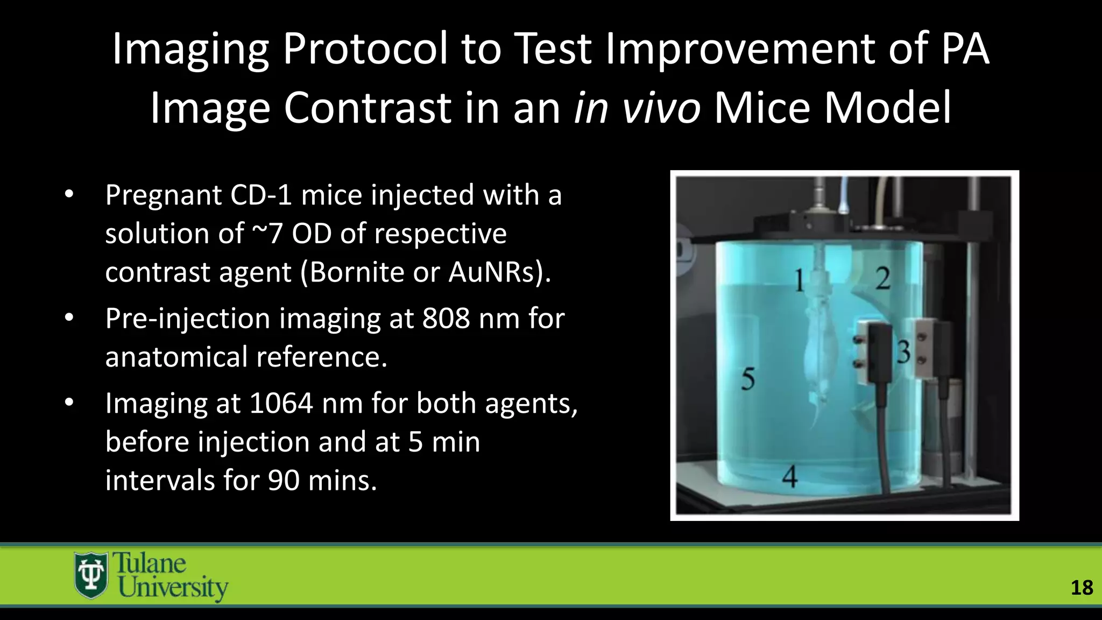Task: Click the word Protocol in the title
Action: pos(365,50)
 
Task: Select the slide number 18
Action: pos(1082,588)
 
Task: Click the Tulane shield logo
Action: pos(90,575)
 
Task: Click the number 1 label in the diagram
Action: pos(799,280)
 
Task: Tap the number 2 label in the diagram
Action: pos(883,278)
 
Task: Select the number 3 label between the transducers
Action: pos(903,353)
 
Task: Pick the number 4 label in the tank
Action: pos(789,476)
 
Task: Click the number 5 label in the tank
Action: pos(748,379)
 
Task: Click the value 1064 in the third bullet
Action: pos(281,404)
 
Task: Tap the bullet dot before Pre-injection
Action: pos(69,318)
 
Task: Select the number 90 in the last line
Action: pos(284,480)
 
